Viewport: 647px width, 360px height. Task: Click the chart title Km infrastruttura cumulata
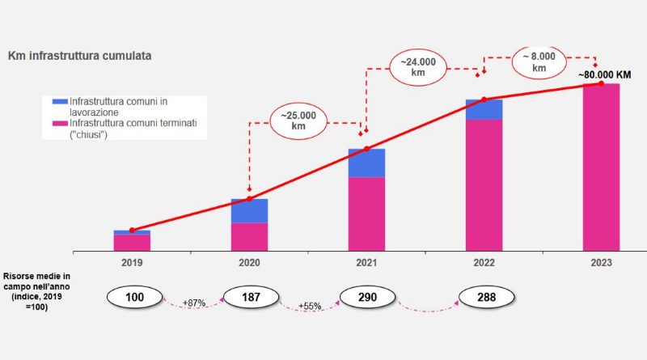[79, 56]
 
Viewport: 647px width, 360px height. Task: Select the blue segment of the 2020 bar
[249, 211]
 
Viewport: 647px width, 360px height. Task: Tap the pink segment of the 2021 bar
[366, 214]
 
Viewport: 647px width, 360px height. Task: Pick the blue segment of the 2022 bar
[484, 109]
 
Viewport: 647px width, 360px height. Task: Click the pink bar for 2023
[601, 167]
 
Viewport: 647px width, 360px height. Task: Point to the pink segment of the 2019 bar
[132, 242]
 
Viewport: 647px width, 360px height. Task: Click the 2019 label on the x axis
[132, 263]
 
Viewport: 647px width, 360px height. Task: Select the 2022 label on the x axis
[484, 263]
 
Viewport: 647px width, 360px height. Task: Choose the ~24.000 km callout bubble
[418, 66]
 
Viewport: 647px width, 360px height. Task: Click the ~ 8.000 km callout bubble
[539, 62]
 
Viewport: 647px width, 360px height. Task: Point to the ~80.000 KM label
[604, 75]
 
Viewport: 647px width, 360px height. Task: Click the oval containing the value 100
[134, 298]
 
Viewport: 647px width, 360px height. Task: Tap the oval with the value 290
[367, 298]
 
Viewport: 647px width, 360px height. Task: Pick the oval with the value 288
[487, 298]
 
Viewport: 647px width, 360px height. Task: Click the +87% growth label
[194, 303]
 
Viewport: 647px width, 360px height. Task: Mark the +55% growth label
[310, 307]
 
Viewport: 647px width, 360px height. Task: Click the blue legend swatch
[60, 101]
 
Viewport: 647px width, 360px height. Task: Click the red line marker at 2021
[366, 148]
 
